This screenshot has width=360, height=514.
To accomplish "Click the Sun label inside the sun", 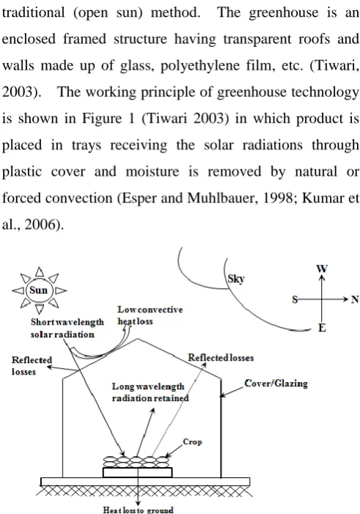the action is click(39, 290).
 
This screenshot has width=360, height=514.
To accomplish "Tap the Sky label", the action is click(236, 279).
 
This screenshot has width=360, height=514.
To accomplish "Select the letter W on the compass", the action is click(322, 269).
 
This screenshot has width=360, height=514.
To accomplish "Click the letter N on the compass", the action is click(355, 299).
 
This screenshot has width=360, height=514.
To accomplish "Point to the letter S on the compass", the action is click(295, 300).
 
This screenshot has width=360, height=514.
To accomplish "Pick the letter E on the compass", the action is click(322, 328).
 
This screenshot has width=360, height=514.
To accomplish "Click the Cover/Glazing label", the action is click(276, 383).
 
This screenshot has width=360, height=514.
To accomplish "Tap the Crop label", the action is click(192, 442).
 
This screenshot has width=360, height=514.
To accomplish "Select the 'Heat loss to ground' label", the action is click(138, 510).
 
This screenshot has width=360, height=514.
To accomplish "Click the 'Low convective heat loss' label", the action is click(150, 315).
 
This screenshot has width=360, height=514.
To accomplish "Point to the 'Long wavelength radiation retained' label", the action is click(150, 392).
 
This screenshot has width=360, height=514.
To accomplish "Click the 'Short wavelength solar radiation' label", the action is click(67, 328).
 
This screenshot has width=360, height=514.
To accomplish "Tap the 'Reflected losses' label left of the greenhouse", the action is click(32, 366).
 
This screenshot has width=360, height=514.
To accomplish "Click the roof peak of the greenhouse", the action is click(138, 339).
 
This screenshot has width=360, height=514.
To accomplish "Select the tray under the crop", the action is click(137, 472).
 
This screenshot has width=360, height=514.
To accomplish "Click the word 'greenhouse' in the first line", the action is click(284, 12).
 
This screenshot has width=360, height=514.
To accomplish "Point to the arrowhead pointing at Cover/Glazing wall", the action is click(223, 395).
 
